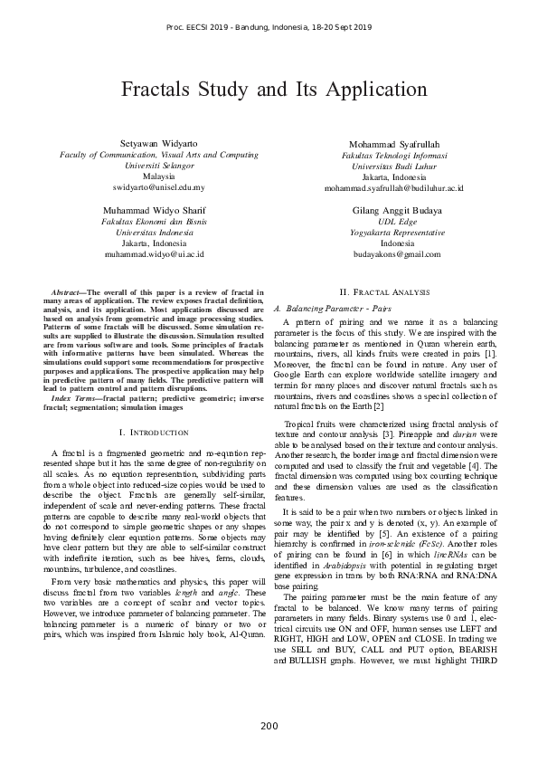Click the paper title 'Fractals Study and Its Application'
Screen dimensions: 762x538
pos(269,90)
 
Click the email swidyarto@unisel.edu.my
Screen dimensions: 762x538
pos(158,187)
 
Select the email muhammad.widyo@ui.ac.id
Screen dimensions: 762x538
pos(158,254)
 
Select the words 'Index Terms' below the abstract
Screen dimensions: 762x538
pos(76,397)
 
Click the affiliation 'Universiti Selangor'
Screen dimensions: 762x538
pos(158,166)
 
